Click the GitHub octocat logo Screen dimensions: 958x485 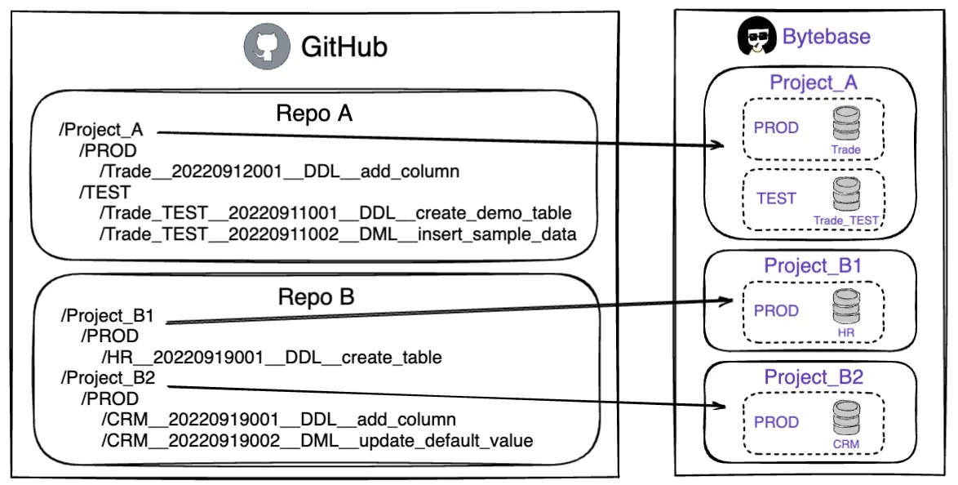point(267,47)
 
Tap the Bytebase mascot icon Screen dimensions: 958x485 point(757,36)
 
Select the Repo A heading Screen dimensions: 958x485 point(314,113)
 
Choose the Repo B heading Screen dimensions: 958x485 point(316,297)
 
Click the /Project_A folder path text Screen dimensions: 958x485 point(101,130)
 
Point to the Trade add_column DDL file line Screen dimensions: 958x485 point(279,171)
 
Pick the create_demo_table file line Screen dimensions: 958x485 point(335,213)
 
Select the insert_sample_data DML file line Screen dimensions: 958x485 point(338,234)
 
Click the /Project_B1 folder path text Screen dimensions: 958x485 point(108,316)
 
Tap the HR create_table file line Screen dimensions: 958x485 point(271,357)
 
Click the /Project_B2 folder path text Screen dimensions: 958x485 point(109,378)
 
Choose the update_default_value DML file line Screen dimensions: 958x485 point(317,440)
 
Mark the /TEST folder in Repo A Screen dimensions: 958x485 point(104,192)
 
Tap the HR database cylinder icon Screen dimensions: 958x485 point(846,308)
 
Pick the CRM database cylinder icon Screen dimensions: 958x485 point(846,418)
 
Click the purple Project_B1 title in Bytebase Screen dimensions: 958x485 point(813,266)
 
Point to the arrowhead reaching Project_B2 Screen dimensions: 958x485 point(720,406)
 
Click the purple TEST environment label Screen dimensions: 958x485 point(777,198)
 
